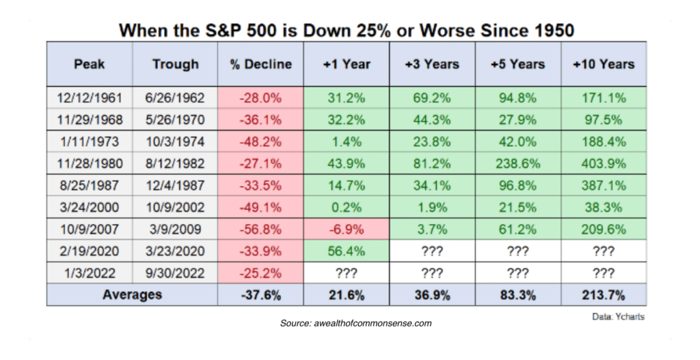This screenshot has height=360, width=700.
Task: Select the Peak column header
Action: click(x=89, y=64)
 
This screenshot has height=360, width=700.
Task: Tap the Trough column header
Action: click(x=175, y=64)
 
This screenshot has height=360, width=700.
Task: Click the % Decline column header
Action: click(x=260, y=64)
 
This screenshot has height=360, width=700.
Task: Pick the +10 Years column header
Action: click(x=603, y=64)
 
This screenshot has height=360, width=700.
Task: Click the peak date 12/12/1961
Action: click(x=89, y=98)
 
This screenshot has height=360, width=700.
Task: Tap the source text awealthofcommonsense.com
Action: click(x=355, y=322)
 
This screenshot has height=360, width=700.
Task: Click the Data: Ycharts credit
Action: click(x=617, y=318)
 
